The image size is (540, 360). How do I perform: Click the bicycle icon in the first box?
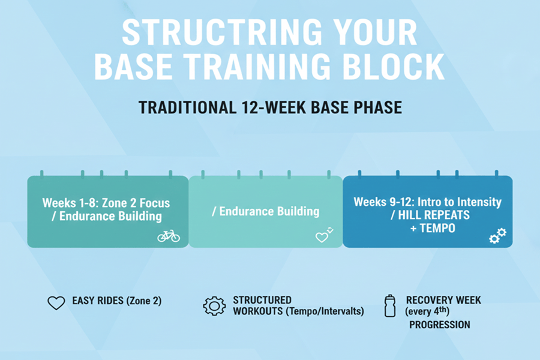169,236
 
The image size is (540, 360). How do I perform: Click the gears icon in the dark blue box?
497,236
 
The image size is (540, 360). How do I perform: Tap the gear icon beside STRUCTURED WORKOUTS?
214,305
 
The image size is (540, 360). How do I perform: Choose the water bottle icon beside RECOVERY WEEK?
390,305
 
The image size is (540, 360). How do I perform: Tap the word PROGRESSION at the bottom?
439,325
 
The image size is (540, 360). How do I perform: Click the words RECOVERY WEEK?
443,300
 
